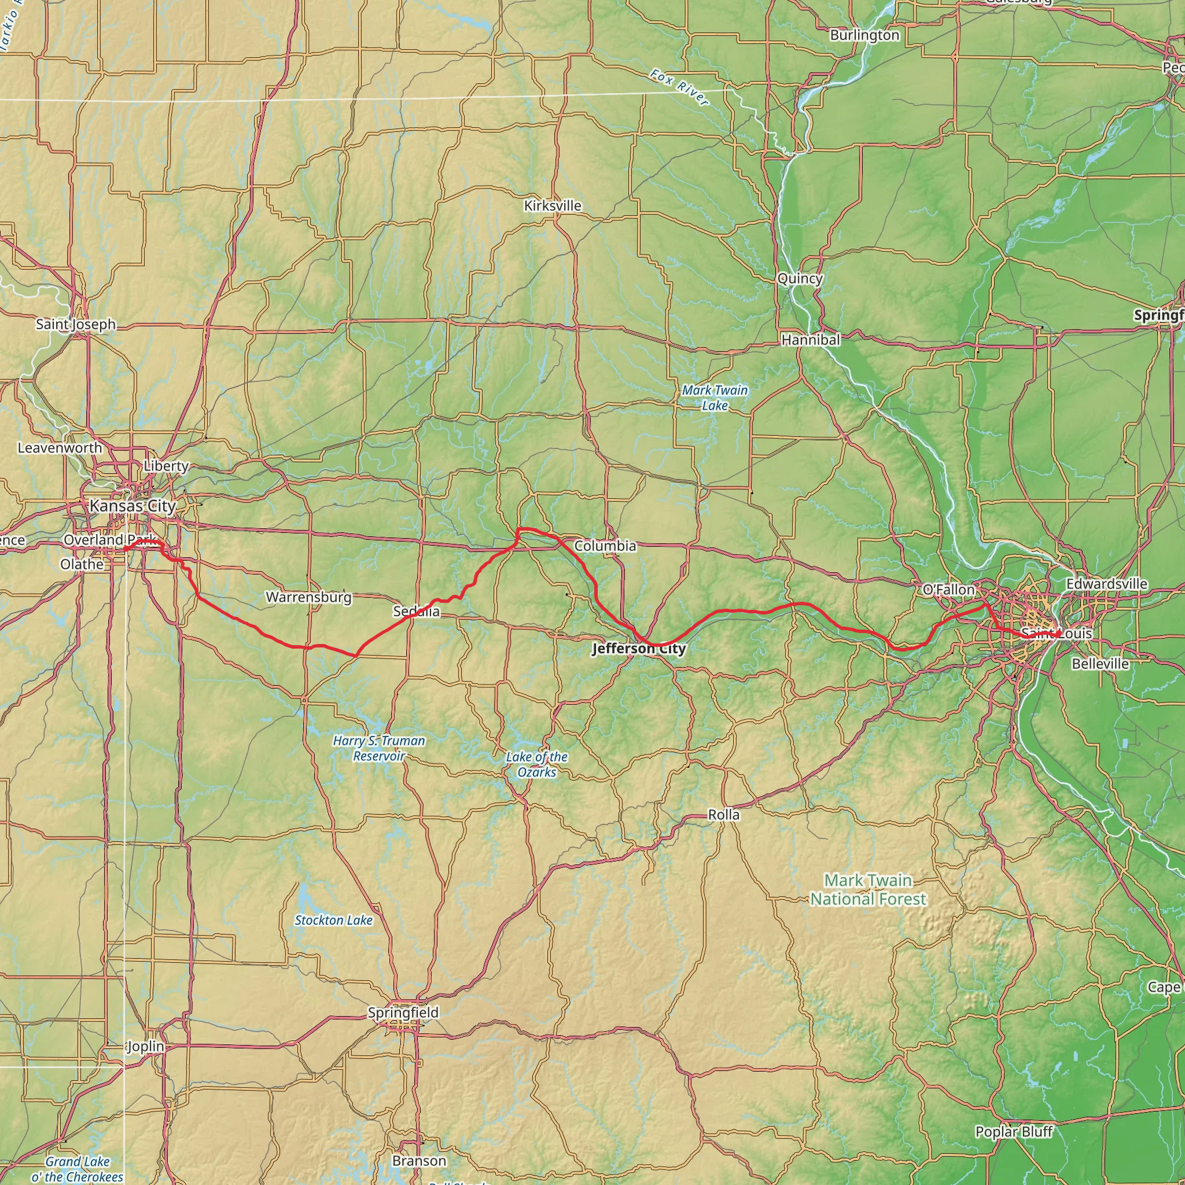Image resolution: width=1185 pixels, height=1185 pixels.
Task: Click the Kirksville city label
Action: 552,205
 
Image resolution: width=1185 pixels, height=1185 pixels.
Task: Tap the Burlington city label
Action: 864,35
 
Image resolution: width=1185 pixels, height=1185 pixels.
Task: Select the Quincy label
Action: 799,278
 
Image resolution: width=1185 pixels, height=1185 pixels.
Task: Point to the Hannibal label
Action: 810,339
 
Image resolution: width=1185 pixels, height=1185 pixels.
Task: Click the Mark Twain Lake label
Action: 715,398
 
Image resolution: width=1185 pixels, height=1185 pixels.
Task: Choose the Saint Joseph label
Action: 75,324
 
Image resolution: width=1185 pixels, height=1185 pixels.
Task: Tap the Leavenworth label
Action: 60,448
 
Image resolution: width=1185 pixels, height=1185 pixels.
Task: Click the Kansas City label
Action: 133,506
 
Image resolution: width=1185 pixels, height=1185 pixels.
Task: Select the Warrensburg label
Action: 308,597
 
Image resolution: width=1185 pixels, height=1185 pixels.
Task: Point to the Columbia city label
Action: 605,546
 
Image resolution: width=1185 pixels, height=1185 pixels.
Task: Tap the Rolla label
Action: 724,815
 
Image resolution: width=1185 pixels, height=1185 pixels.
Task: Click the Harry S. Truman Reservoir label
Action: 379,748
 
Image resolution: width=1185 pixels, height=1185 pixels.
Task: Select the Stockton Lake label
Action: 333,920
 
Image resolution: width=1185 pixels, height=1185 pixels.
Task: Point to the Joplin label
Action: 145,1046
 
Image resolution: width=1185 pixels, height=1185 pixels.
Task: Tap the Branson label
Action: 419,1161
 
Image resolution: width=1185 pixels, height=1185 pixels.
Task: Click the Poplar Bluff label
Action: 1014,1132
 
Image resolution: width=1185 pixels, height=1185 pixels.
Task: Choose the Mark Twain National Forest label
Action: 868,889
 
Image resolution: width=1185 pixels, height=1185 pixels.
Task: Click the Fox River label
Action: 679,88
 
